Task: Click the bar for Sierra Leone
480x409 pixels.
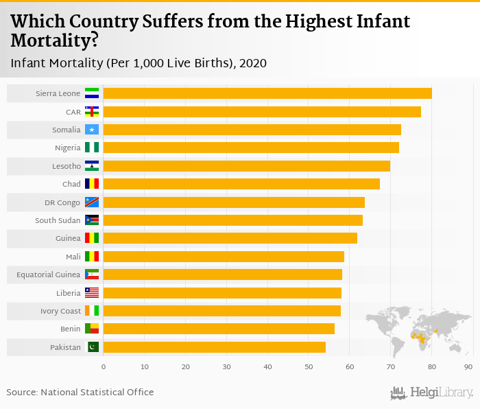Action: (267, 93)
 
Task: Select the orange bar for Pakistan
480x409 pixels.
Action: (214, 347)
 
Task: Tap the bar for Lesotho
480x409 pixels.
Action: (246, 166)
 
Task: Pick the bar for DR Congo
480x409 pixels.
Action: (234, 202)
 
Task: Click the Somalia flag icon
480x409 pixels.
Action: (92, 130)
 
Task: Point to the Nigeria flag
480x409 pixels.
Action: (92, 148)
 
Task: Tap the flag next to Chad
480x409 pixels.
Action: (92, 184)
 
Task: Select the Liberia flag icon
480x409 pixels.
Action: (92, 293)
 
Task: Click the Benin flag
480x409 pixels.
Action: (92, 329)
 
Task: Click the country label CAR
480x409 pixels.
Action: (73, 112)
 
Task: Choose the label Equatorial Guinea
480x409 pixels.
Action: (49, 274)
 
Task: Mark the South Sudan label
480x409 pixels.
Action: (58, 220)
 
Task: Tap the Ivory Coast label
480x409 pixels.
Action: (60, 311)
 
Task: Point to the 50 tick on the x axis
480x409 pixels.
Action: (308, 367)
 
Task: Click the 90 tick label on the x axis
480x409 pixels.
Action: (468, 367)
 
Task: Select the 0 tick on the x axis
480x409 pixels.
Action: (104, 367)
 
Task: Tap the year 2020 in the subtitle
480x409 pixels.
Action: (253, 63)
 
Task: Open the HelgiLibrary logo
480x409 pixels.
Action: (432, 393)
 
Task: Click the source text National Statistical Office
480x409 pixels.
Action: (97, 392)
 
